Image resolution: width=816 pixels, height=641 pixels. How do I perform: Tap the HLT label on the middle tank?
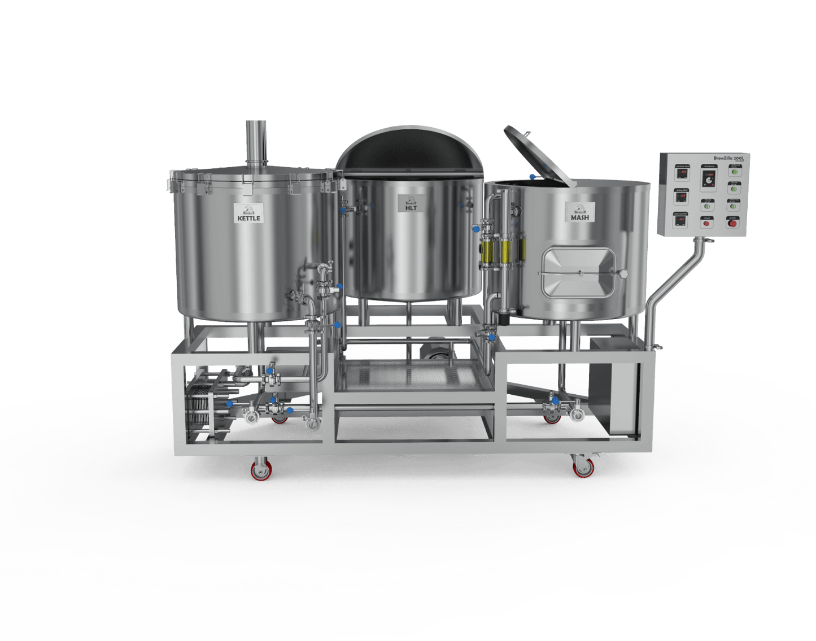click(x=411, y=204)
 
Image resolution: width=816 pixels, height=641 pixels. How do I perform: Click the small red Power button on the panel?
click(x=706, y=223)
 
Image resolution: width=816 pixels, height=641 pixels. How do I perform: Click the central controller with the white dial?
click(x=708, y=178)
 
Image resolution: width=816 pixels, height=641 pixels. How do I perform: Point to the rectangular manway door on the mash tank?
click(x=578, y=274)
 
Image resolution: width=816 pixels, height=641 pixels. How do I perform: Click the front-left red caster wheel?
click(x=261, y=470)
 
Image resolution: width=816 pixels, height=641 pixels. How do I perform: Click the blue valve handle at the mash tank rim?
click(x=533, y=177)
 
